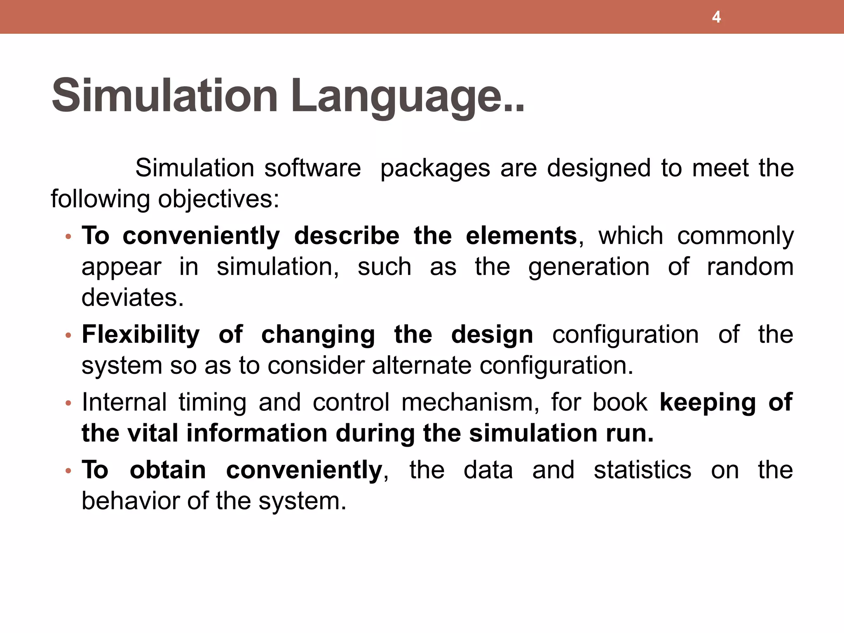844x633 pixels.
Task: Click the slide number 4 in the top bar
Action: point(716,17)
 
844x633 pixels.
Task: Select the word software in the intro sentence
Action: point(312,168)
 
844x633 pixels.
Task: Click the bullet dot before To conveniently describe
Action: point(68,237)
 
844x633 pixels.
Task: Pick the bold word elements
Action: point(521,236)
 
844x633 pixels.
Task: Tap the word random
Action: point(750,267)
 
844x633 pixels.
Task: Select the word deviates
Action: point(132,298)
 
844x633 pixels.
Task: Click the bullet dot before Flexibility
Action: point(68,335)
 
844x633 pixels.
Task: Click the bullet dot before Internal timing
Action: point(68,403)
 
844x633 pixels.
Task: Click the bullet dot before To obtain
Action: point(68,471)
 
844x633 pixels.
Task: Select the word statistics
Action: point(642,470)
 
